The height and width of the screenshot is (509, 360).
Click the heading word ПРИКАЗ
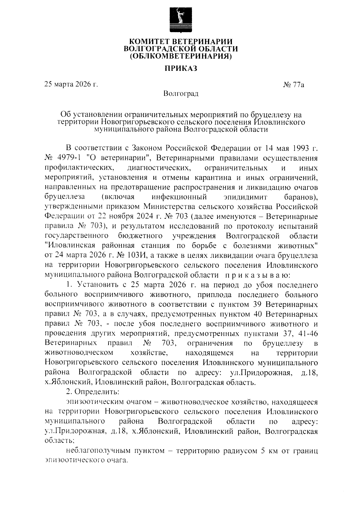pyautogui.click(x=181, y=69)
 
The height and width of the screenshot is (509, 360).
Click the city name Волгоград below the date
pyautogui.click(x=181, y=94)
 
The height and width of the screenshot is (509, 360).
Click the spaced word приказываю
pyautogui.click(x=257, y=275)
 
